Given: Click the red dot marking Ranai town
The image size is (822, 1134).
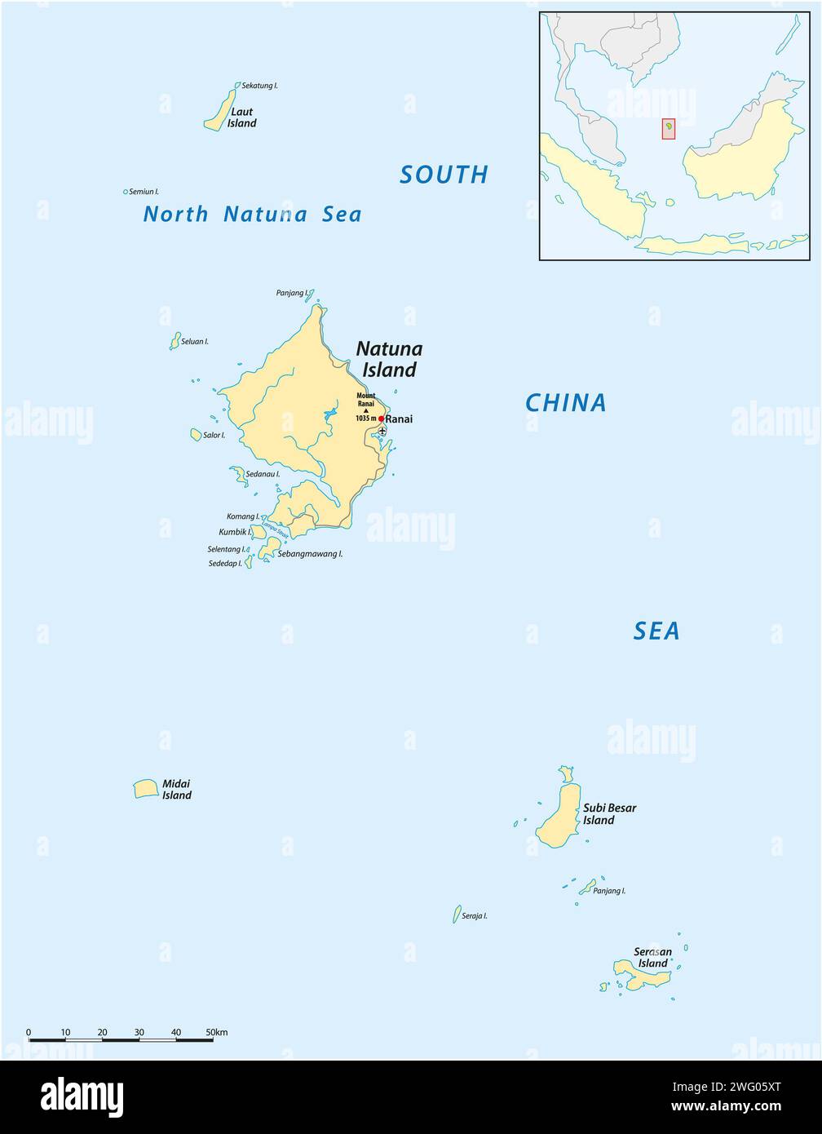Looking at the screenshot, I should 381,419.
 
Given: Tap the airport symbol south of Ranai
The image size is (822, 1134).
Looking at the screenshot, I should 382,431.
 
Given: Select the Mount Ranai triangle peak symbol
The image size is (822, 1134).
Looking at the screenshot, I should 366,410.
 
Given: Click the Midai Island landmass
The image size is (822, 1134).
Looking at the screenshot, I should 145,789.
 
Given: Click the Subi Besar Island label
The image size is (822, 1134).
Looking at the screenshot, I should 609,813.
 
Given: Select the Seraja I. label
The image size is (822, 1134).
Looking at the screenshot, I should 475,915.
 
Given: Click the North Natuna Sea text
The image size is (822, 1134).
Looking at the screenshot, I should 252,215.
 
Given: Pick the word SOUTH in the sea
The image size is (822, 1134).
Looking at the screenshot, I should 444,175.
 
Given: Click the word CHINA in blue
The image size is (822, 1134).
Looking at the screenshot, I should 565,403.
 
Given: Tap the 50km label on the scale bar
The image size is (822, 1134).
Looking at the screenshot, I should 217,1032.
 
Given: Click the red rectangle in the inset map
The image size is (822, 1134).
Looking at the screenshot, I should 668,129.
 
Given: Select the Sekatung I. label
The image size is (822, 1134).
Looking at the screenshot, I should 260,85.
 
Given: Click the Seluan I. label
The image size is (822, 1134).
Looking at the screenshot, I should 195,341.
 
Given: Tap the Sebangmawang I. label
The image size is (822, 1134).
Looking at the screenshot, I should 310,553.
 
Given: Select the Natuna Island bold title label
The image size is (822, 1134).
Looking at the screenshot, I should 389,359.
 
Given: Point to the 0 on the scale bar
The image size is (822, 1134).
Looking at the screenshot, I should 29,1032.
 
